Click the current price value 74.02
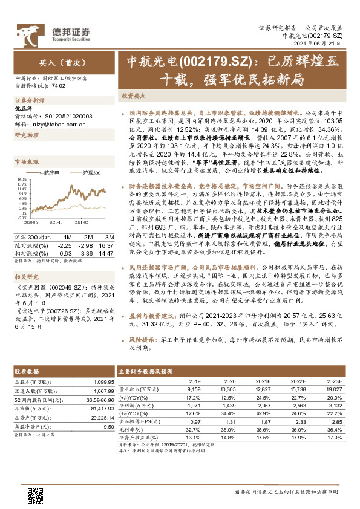pos(59,86)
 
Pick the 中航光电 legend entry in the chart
pos(49,173)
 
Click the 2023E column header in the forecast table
pos(333,381)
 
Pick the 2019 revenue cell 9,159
pos(194,389)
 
